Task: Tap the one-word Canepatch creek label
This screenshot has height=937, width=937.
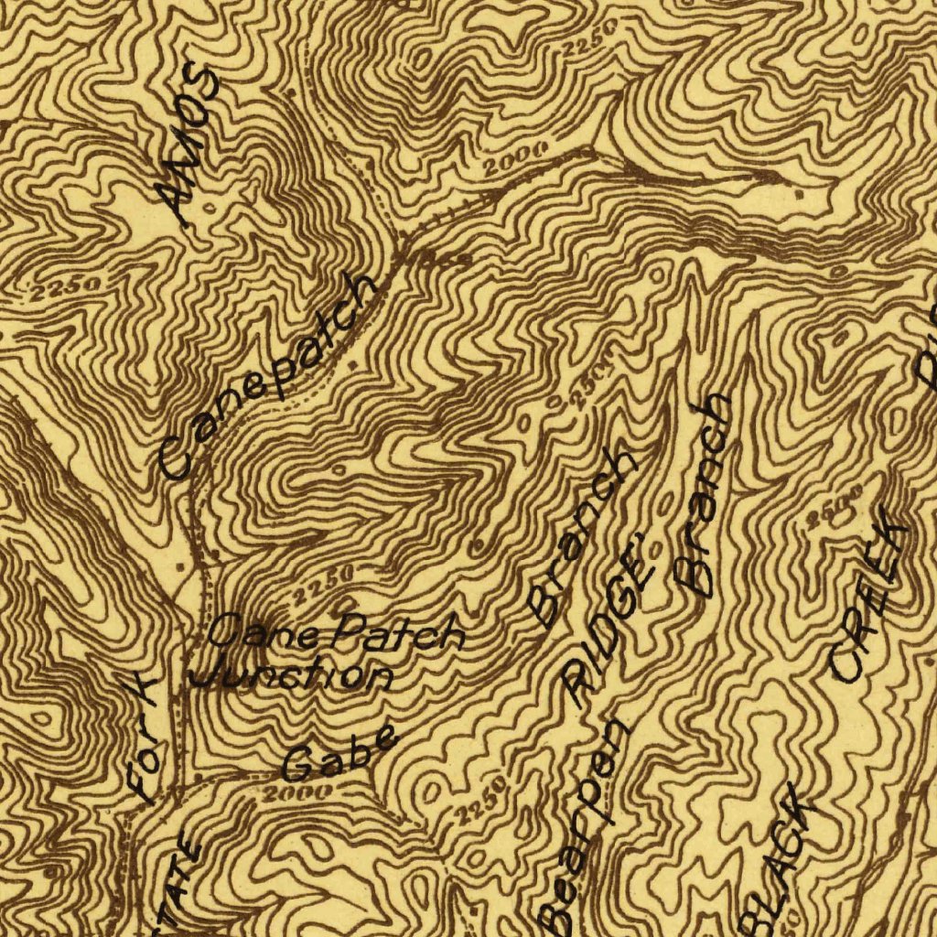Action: pos(267,376)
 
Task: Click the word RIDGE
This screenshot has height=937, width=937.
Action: pos(609,622)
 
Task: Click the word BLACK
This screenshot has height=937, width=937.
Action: pos(782,856)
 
